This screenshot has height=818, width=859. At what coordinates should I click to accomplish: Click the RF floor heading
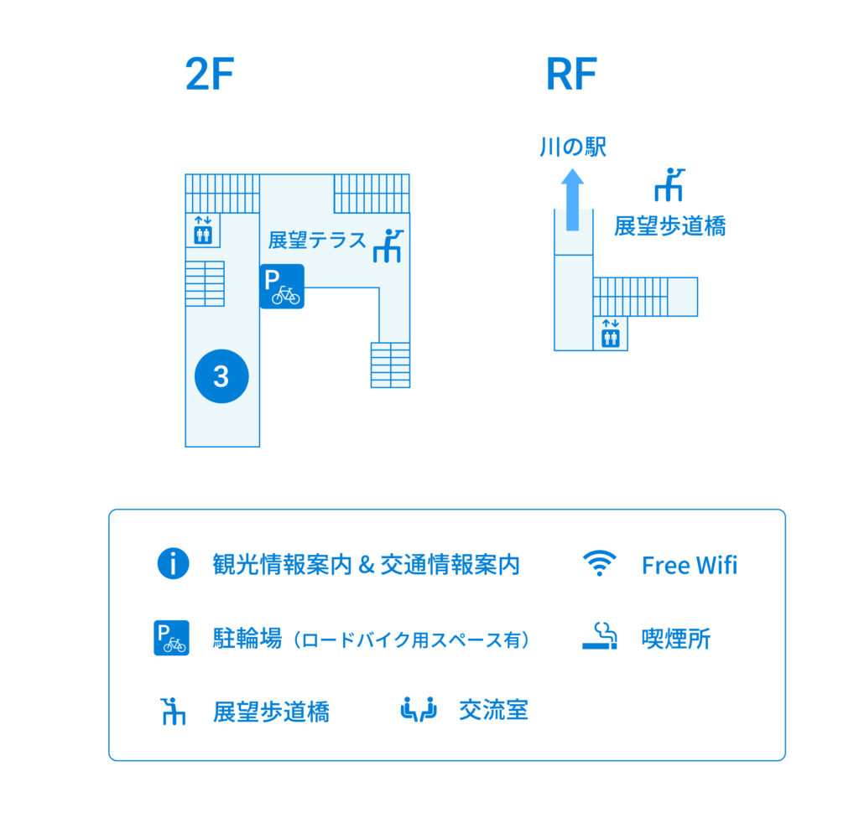tap(571, 75)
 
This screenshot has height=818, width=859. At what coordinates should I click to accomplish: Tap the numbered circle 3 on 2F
tap(221, 376)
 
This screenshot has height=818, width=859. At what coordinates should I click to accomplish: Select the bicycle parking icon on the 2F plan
tap(282, 287)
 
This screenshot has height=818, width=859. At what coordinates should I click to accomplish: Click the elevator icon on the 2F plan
tap(202, 230)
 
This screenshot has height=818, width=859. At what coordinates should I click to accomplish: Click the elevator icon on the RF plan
tap(611, 334)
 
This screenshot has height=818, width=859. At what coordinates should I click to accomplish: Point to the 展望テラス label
tap(317, 241)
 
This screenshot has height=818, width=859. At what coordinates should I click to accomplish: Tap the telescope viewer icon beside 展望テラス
tap(388, 245)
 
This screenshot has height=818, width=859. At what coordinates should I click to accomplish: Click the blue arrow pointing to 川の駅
tap(572, 199)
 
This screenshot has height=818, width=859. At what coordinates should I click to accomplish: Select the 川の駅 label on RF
tap(572, 148)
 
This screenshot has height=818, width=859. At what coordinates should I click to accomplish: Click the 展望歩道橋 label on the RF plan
tap(669, 225)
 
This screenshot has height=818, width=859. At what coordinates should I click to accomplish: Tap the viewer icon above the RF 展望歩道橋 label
tap(669, 184)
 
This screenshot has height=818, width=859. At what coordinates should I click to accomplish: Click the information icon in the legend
tap(173, 563)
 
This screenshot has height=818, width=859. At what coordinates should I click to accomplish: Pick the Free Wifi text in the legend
tap(689, 565)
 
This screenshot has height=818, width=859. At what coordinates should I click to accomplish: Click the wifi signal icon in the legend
tap(600, 563)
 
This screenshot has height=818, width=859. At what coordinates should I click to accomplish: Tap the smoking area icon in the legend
tap(600, 637)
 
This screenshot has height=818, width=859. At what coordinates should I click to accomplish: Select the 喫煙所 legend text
tap(676, 639)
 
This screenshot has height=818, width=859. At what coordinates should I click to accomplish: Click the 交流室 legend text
tap(493, 711)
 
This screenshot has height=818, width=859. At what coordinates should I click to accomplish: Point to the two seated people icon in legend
tap(419, 710)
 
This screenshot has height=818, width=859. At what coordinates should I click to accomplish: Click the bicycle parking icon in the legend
tap(172, 638)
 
